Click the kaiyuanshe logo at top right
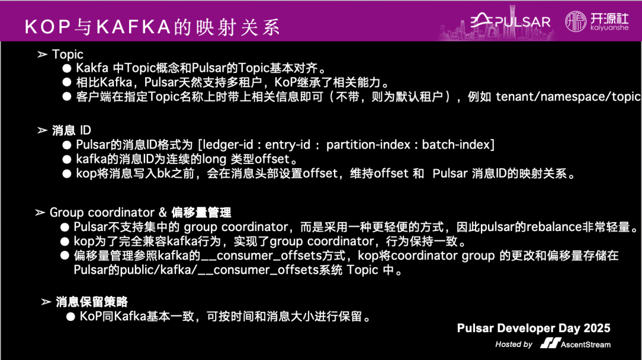[596, 21]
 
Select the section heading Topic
[68, 54]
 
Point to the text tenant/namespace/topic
[568, 96]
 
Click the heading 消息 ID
[72, 130]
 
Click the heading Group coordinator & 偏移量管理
[140, 212]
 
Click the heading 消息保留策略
[92, 302]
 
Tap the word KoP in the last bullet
[90, 316]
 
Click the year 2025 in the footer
[596, 329]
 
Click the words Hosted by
[514, 344]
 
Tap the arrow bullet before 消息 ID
[42, 130]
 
